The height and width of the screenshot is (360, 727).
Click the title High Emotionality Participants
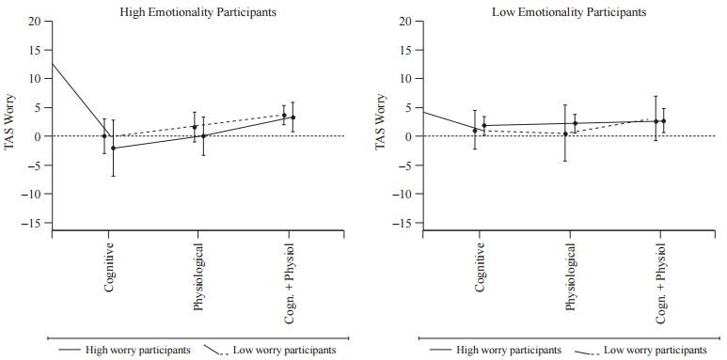183,12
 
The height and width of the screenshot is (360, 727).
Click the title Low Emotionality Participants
555,12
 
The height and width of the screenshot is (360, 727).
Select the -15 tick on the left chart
32,223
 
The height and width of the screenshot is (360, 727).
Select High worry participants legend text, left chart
138,350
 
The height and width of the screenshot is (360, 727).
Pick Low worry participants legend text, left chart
283,350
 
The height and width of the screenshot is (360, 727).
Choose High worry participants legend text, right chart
509,350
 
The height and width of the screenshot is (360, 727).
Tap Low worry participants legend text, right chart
656,350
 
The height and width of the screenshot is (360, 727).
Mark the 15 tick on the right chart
405,50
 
